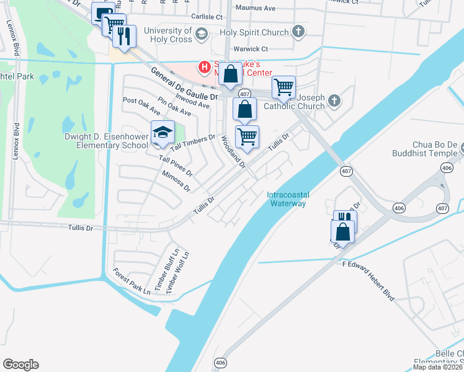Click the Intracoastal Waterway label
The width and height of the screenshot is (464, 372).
click(288, 199)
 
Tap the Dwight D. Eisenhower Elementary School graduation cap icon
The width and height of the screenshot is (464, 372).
click(163, 132)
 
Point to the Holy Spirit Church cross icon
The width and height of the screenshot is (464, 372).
click(298, 32)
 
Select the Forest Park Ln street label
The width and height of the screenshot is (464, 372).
click(131, 281)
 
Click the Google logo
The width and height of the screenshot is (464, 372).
click(20, 364)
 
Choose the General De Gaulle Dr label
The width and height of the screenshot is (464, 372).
click(184, 83)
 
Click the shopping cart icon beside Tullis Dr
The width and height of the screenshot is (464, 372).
click(247, 136)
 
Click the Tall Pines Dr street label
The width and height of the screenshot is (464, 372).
click(176, 164)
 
